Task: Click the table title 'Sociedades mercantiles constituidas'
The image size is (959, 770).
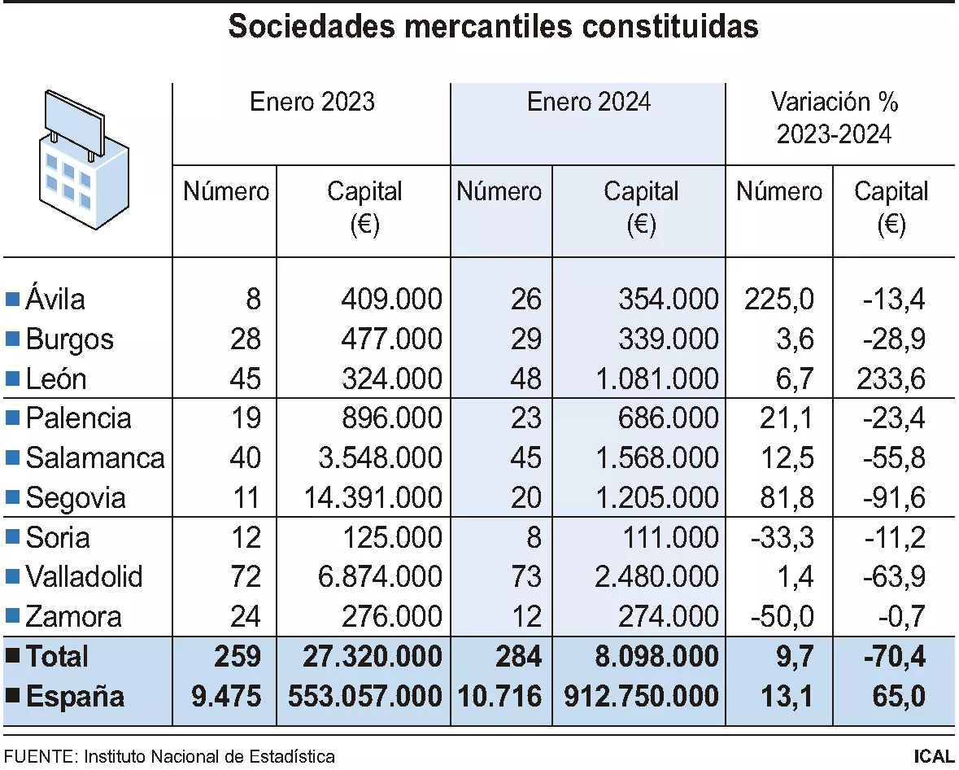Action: (493, 27)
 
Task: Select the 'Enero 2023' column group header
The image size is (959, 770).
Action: (312, 102)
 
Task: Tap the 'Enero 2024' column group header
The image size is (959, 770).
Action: (588, 102)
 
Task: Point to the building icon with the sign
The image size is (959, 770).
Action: (83, 160)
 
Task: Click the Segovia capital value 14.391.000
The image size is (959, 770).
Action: (373, 497)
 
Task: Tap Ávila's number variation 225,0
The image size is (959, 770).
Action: (778, 300)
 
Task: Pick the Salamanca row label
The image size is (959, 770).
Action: (94, 457)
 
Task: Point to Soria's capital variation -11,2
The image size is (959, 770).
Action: (892, 537)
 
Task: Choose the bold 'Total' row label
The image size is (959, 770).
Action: (57, 656)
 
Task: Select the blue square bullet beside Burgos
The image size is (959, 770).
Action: (12, 339)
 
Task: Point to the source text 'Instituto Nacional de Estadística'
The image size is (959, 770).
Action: (208, 756)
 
